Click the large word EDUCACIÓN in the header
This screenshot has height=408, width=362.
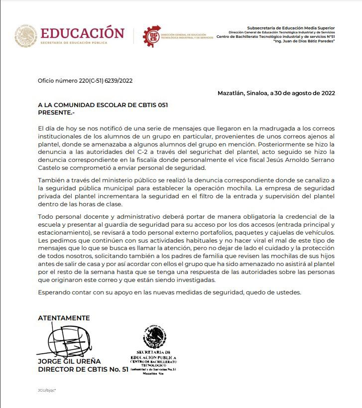point(82,33)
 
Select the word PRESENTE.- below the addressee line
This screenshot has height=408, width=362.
point(55,112)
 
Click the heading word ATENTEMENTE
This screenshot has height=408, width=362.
point(64,318)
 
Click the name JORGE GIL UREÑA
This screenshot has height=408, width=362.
point(69,361)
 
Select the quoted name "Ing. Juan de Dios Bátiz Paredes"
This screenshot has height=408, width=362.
point(304,41)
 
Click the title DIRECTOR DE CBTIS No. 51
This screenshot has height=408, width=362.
point(83,370)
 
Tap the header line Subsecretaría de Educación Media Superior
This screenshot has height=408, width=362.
point(291,28)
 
